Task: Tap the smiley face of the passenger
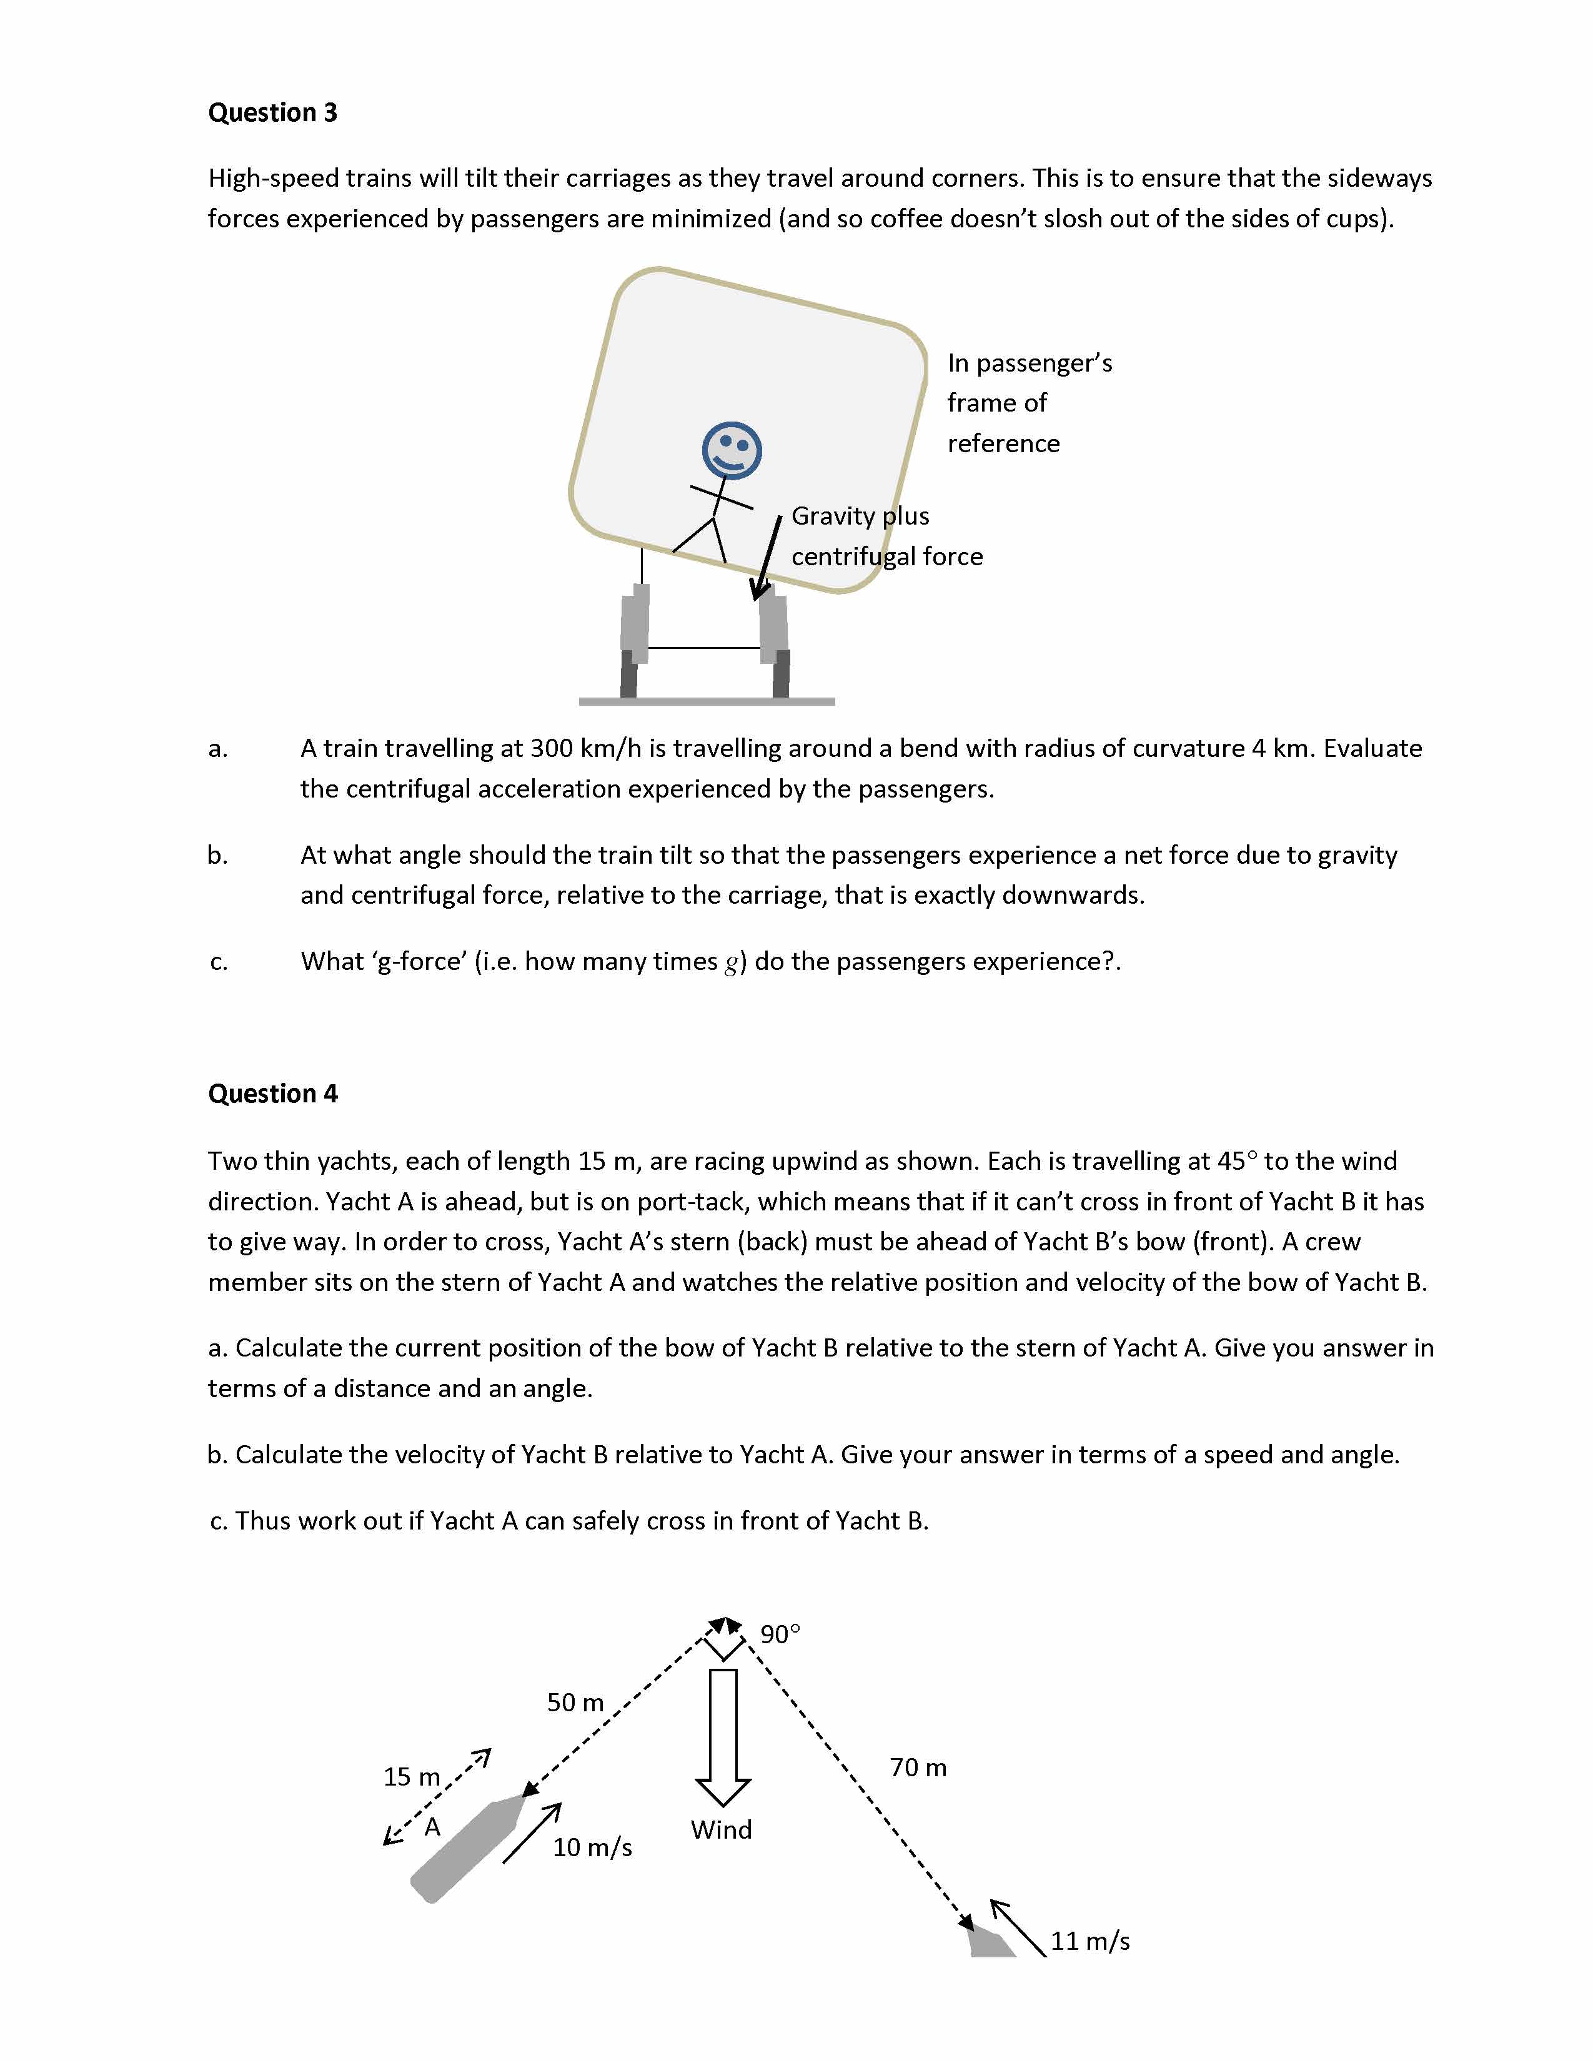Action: coord(732,450)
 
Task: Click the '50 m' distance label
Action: coord(575,1703)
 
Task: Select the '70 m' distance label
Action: coord(917,1767)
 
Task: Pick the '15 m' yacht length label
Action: coord(412,1777)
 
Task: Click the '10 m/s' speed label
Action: coord(592,1847)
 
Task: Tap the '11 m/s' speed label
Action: coord(1090,1941)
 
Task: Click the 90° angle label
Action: coord(780,1634)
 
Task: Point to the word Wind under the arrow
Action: coord(721,1830)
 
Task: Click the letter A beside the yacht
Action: coord(432,1827)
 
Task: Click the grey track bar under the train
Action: coord(706,701)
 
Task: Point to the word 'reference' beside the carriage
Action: coord(1003,443)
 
